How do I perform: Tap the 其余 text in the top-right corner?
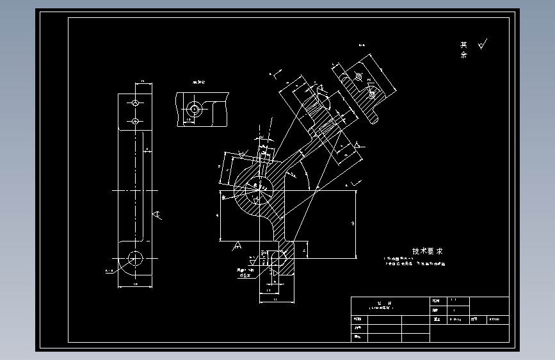tap(463, 50)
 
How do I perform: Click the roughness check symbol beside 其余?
tap(482, 45)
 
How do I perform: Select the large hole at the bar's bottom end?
tap(135, 258)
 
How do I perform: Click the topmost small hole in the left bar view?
tap(135, 102)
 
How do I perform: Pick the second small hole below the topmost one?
tap(135, 121)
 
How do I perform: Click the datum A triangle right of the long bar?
tap(157, 215)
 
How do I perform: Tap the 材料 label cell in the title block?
tap(474, 318)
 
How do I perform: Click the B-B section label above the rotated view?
tap(361, 45)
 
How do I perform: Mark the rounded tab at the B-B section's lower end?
tap(374, 118)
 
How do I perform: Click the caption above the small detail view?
tap(199, 83)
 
